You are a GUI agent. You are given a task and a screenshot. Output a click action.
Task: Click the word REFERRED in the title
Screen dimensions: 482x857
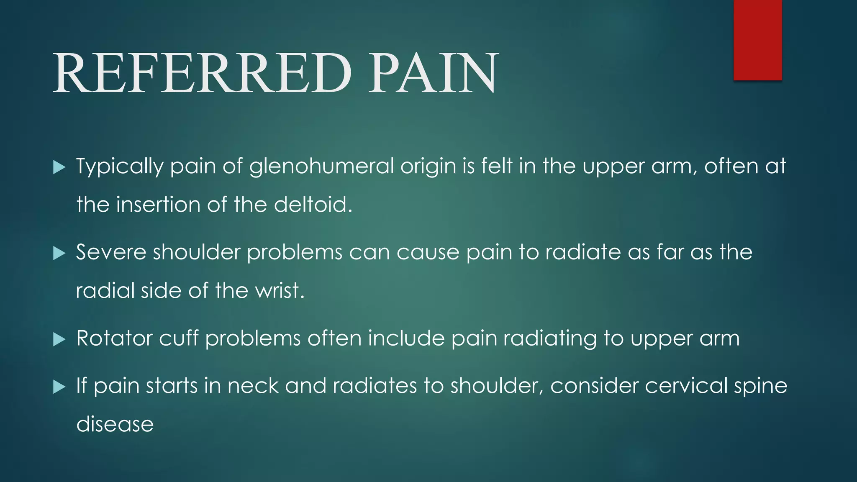202,73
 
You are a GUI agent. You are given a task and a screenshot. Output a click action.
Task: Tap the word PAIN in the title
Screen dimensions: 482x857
433,73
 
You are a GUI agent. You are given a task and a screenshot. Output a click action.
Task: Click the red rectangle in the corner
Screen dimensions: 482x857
757,40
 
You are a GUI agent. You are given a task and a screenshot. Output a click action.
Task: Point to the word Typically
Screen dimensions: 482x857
120,167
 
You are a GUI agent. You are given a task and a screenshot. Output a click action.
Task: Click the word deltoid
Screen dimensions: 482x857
313,205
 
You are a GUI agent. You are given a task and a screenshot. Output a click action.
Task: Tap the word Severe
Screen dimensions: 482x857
111,252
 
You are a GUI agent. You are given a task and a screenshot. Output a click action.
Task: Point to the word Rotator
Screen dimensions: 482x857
114,338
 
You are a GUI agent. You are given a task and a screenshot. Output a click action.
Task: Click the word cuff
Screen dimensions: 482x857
179,338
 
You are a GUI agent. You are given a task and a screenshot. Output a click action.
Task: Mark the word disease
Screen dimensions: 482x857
115,424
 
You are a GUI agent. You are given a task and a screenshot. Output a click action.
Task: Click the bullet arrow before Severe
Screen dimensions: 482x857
59,253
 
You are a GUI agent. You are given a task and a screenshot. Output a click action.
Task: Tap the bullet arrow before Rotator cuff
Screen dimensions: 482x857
59,339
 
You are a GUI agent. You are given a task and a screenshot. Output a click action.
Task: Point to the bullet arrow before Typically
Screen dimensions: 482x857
59,167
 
